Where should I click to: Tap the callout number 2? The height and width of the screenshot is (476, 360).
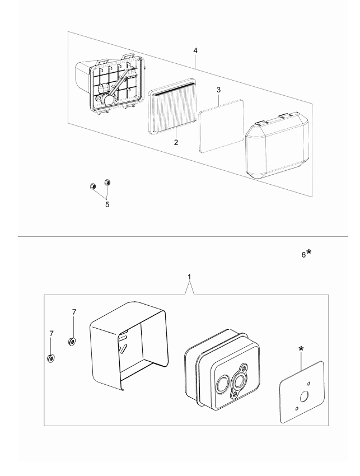click(176, 142)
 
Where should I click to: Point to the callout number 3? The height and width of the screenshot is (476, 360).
click(219, 90)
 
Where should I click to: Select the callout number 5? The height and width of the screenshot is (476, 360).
click(107, 204)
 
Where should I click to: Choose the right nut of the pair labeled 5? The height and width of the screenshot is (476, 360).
click(108, 181)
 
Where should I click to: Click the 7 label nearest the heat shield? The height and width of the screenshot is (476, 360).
click(73, 311)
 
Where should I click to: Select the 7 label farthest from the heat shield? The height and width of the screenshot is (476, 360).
click(51, 333)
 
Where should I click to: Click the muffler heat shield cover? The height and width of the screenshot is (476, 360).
click(129, 347)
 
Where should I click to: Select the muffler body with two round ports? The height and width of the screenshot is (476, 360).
click(222, 370)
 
